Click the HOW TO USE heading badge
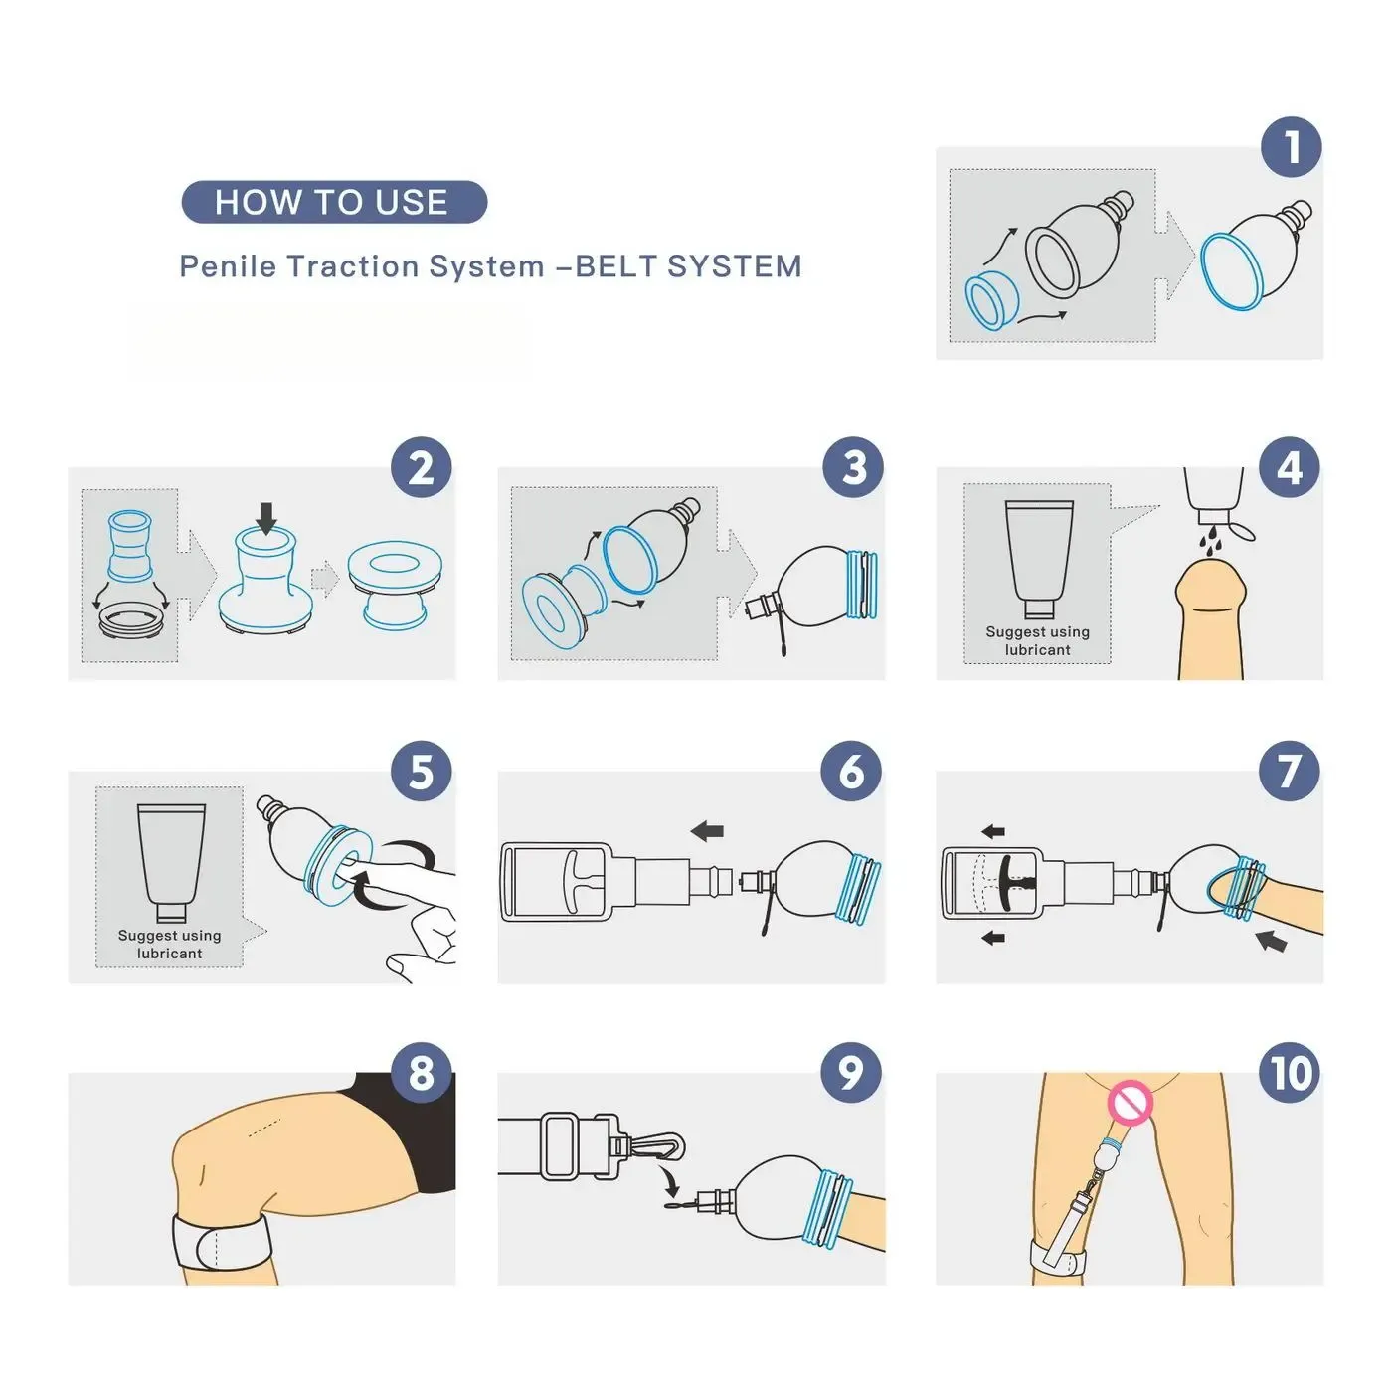pos(334,202)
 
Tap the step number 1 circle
pos(1291,147)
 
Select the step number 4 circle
pos(1289,468)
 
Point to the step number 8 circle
pos(422,1073)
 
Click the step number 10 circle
pos(1290,1073)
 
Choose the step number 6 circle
pos(852,772)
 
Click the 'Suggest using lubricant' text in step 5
pos(170,945)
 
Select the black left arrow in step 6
pos(708,830)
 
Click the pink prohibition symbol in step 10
pos(1130,1102)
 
